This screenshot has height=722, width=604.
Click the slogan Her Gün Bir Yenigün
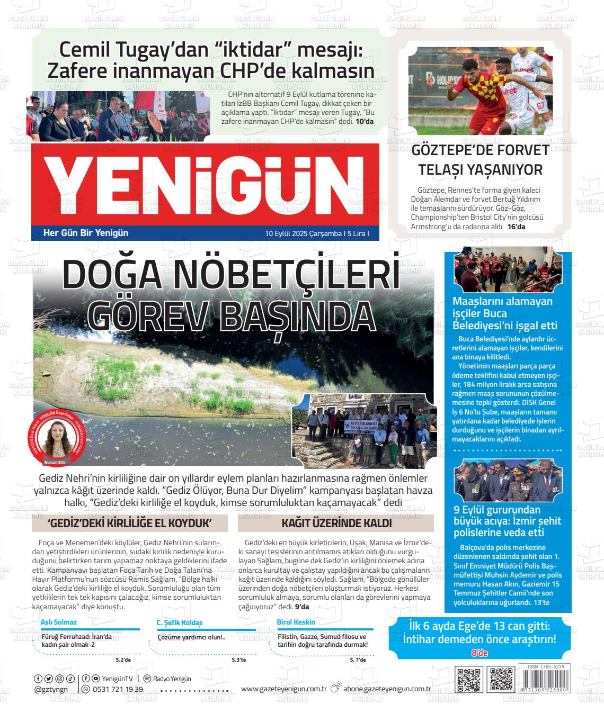tap(85, 233)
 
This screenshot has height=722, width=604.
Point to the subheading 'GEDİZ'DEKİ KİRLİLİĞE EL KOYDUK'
tap(130, 524)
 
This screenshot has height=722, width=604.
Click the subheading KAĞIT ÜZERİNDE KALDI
tap(336, 524)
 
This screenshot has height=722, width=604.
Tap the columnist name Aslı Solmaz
tap(59, 622)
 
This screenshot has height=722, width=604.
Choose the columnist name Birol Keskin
tap(296, 622)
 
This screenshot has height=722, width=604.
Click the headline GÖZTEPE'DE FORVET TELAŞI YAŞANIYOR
tap(481, 160)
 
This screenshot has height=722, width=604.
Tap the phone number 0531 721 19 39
tap(118, 689)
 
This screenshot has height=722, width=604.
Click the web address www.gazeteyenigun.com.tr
tap(283, 689)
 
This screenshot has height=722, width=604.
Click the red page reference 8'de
tap(479, 654)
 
